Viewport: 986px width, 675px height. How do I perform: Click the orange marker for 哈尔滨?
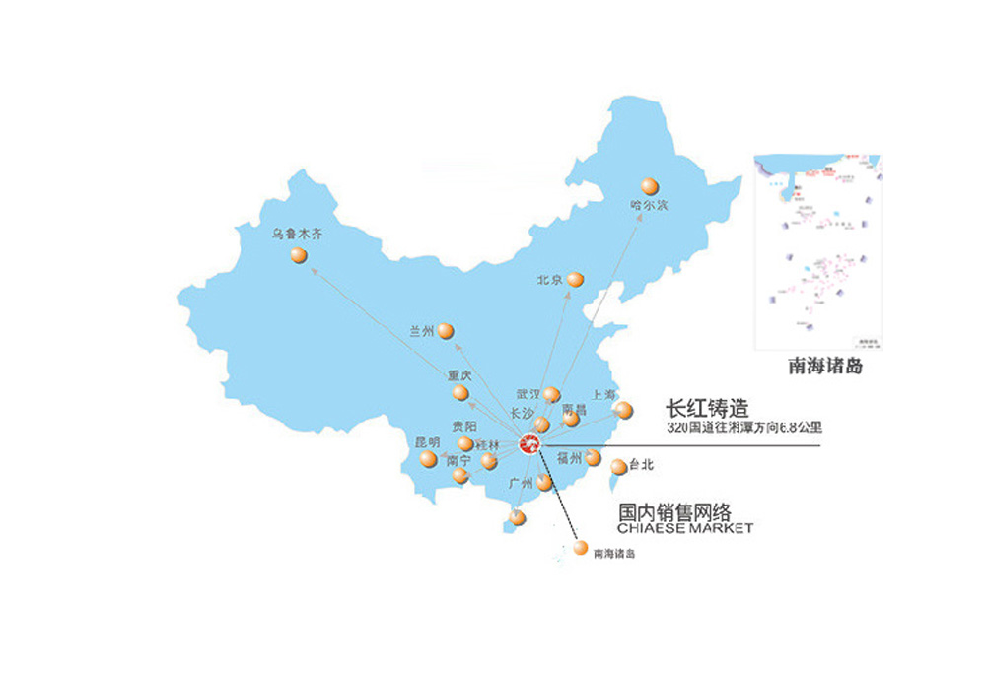(x=649, y=185)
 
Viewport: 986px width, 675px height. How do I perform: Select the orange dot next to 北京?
(x=576, y=280)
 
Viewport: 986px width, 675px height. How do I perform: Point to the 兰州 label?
(x=421, y=332)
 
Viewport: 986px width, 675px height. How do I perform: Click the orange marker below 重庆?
(x=460, y=393)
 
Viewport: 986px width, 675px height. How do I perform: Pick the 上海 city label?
(x=601, y=394)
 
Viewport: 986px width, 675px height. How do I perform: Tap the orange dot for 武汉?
(x=552, y=395)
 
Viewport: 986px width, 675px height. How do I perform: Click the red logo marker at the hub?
(x=530, y=444)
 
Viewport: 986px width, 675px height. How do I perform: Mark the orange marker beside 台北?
(x=618, y=467)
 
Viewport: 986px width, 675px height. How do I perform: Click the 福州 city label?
(x=570, y=457)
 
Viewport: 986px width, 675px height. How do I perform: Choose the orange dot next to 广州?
(x=545, y=483)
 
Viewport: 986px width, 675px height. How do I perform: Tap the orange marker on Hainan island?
(x=518, y=518)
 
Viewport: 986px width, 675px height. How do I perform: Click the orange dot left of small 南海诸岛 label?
(x=581, y=548)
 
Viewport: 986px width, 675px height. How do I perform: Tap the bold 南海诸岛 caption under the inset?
(x=826, y=367)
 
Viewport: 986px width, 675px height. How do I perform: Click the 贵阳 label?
(x=463, y=427)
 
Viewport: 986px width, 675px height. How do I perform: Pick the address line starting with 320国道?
(x=744, y=428)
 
